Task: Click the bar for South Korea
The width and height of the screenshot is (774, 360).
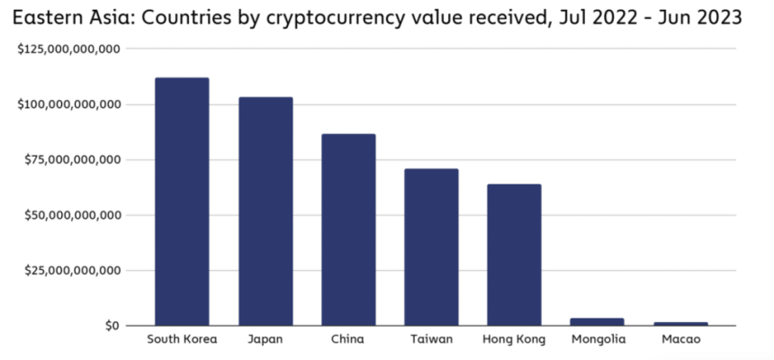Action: pos(182,202)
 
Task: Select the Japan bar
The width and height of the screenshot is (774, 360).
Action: pos(265,211)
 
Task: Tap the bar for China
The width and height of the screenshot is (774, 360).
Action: pos(348,229)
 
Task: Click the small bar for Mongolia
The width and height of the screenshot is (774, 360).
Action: pos(597,321)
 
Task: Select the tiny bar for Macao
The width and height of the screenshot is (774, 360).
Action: pos(680,323)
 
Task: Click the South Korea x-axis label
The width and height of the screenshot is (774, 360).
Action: pos(182,339)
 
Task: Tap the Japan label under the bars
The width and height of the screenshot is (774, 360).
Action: pos(265,339)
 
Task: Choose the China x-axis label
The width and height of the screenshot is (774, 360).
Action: pos(348,339)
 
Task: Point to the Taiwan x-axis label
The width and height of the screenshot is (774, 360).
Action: pos(431,339)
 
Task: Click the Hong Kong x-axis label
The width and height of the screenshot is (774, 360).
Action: pos(514,339)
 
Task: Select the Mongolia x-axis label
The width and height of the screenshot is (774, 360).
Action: pos(597,339)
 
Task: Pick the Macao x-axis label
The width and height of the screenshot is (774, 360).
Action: pos(680,339)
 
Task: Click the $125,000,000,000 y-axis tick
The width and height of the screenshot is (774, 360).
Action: pos(69,49)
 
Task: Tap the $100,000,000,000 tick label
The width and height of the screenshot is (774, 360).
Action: pos(69,104)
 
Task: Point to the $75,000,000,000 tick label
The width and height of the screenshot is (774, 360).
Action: pos(73,160)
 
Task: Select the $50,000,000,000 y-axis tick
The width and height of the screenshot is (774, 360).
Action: pos(73,215)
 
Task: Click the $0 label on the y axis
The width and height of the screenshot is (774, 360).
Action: pos(110,326)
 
